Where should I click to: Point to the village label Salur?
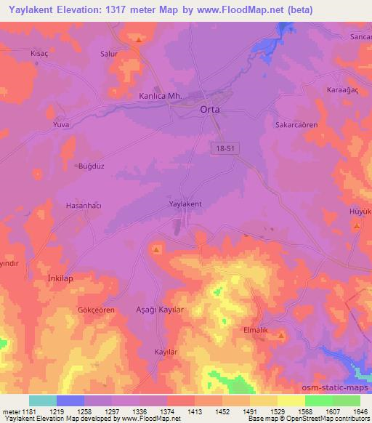108,54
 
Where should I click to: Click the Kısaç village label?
39,54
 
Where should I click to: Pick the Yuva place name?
60,124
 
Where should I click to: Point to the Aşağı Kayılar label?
163,310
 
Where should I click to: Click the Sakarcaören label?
296,125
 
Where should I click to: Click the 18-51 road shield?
226,148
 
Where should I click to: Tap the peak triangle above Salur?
138,39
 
